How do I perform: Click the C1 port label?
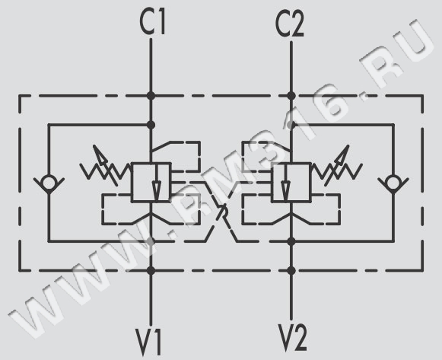click(x=152, y=22)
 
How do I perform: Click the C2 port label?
click(x=290, y=24)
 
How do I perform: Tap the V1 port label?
click(x=148, y=341)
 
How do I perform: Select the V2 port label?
click(x=292, y=337)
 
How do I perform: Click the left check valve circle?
click(x=49, y=183)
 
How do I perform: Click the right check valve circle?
click(x=393, y=183)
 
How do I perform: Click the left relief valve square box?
click(x=151, y=182)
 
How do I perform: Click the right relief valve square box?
click(x=291, y=182)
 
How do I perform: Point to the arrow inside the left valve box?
click(x=157, y=183)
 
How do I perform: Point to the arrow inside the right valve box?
click(x=286, y=183)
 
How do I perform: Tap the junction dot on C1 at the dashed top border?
click(x=151, y=96)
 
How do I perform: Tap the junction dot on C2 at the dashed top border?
click(x=291, y=96)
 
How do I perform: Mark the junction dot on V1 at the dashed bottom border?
click(x=151, y=271)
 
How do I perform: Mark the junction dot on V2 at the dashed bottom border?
click(x=291, y=271)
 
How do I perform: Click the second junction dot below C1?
click(x=151, y=125)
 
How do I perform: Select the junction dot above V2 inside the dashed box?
click(x=291, y=241)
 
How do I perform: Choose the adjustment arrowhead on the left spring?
click(x=99, y=155)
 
